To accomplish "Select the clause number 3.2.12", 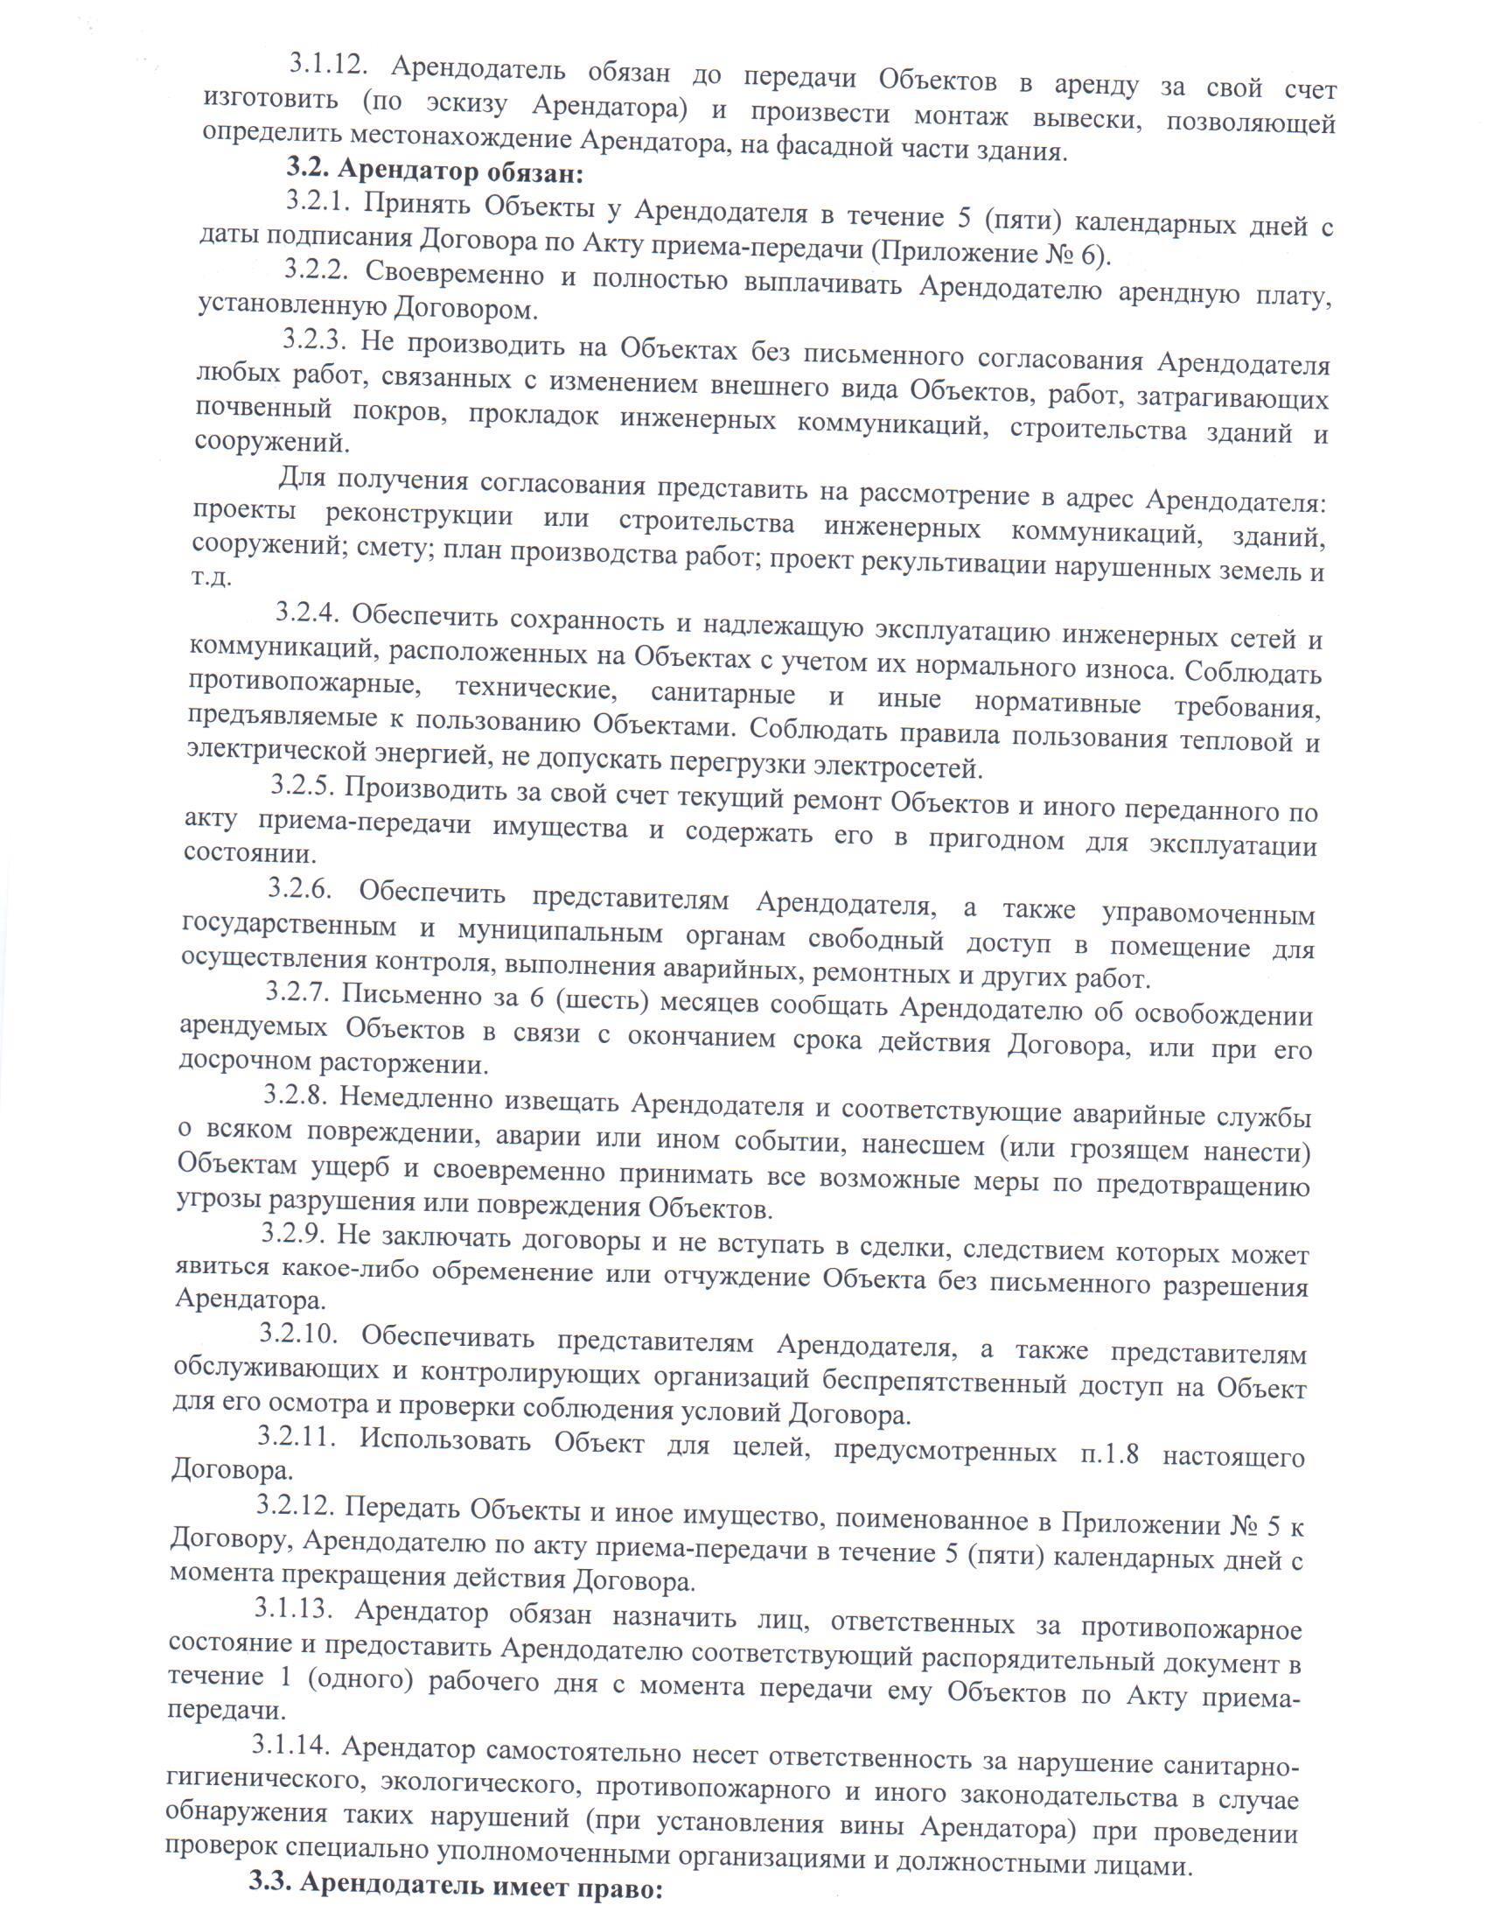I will (295, 1506).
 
